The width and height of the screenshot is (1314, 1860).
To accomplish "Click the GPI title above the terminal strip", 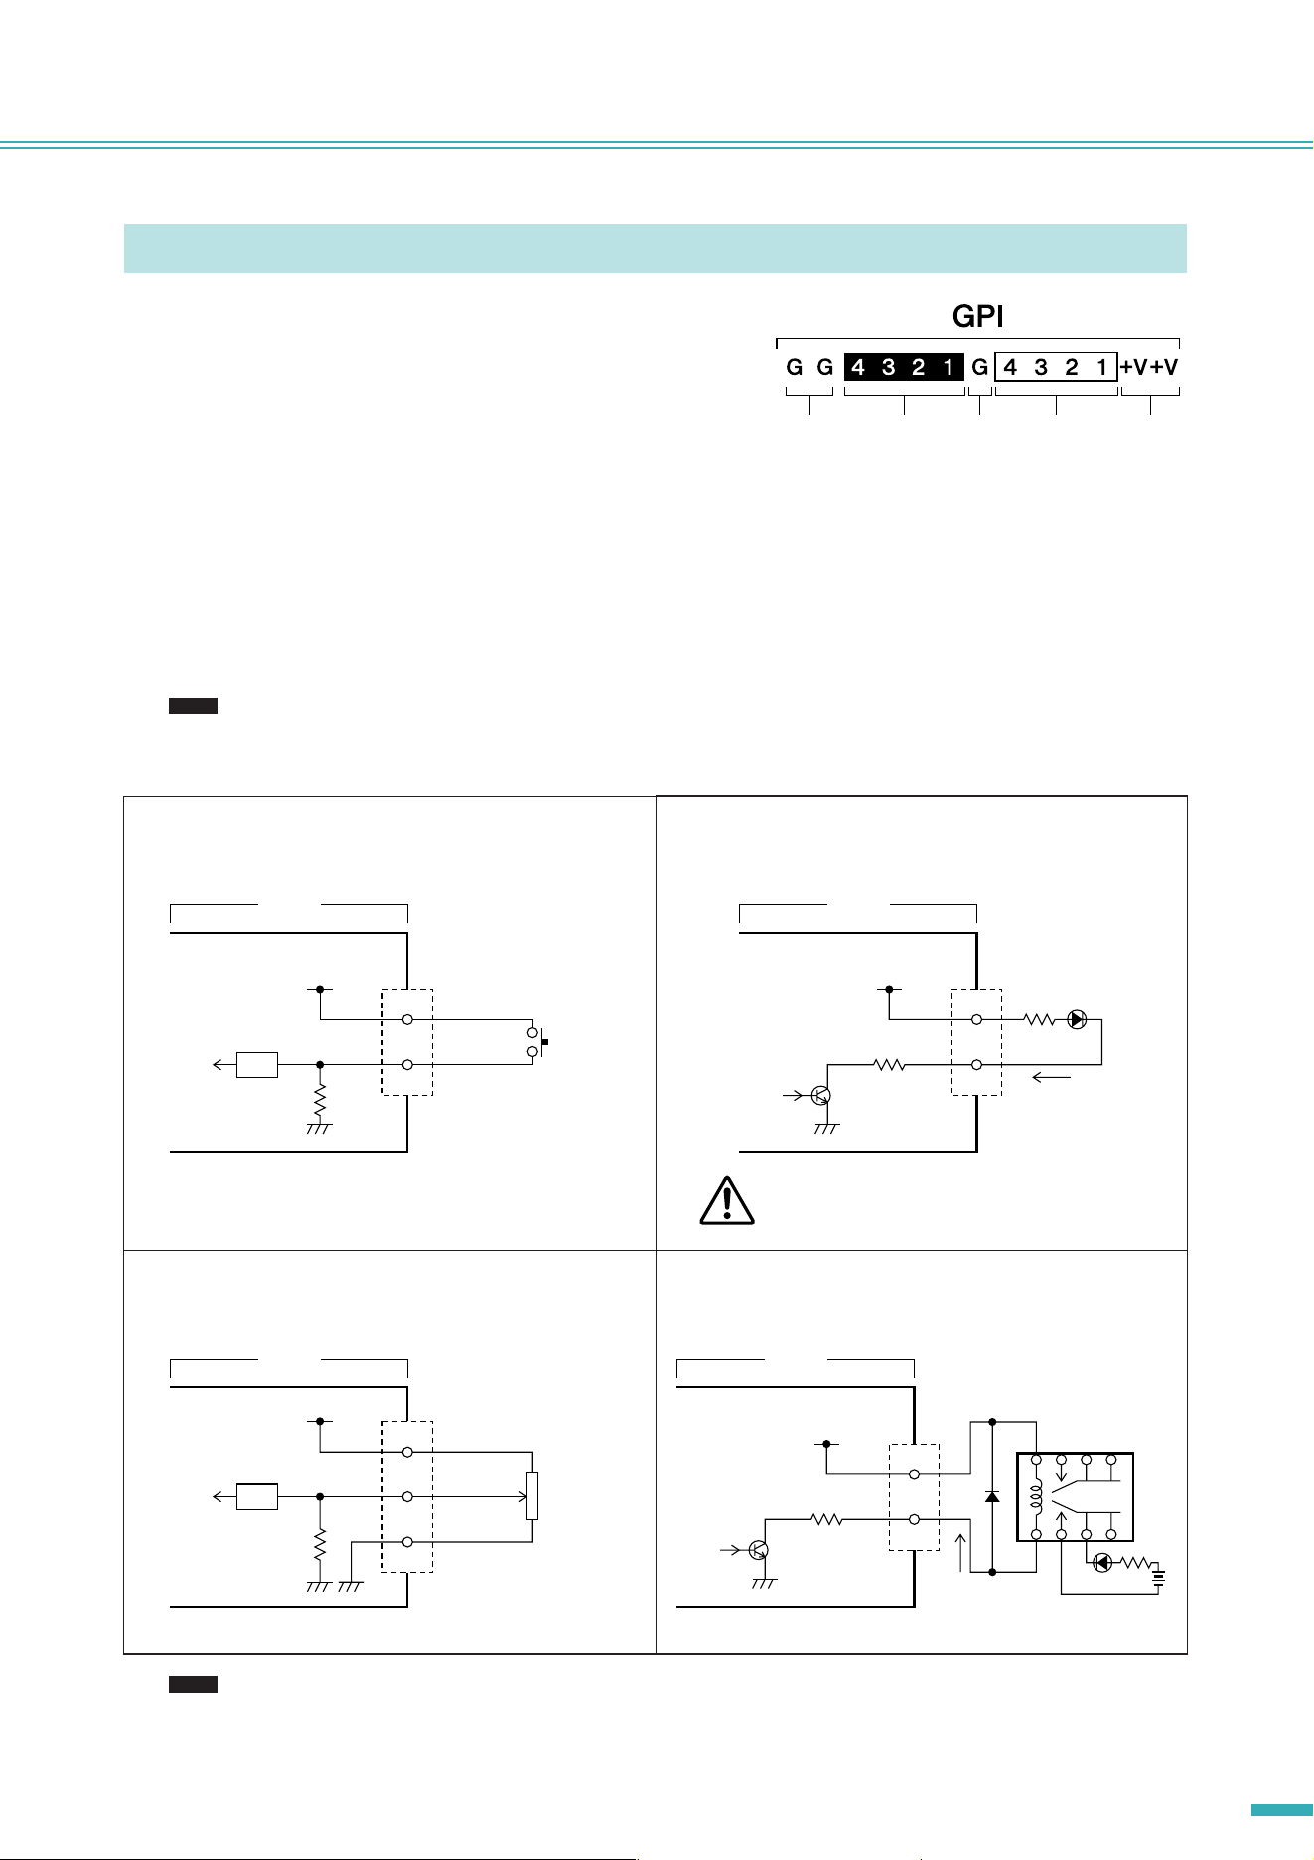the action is point(977,316).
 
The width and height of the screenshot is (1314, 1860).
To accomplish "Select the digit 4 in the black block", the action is point(858,367).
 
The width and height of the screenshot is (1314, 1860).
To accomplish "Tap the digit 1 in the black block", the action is point(949,367).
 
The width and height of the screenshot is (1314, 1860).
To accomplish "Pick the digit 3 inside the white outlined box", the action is point(1041,367).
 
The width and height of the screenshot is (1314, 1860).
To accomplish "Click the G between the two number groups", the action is point(979,367).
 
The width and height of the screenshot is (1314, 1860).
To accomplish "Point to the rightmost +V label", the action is point(1164,367).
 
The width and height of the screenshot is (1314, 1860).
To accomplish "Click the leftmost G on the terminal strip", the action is point(795,367).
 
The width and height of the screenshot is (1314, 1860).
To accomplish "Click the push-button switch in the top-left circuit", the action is point(535,1042).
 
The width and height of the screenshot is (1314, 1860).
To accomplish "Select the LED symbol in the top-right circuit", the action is point(1077,1019).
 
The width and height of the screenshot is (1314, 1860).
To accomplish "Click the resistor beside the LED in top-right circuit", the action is point(1040,1019).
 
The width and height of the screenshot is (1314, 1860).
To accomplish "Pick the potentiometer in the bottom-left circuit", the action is point(532,1496).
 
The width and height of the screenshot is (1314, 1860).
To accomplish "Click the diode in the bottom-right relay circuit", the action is point(991,1496).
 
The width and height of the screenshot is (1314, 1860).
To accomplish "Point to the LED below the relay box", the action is point(1101,1563).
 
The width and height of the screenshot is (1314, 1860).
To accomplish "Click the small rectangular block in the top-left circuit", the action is point(257,1064).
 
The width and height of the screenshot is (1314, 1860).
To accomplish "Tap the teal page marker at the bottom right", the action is point(1281,1810).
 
